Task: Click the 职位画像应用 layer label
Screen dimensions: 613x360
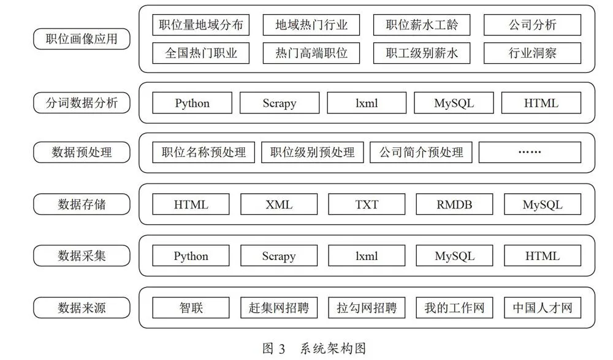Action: (82, 39)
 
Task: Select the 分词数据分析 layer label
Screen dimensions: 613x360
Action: (82, 103)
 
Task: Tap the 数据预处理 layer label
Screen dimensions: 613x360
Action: (82, 152)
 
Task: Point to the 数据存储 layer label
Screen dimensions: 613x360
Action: (82, 204)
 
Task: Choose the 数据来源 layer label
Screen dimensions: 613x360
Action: (82, 308)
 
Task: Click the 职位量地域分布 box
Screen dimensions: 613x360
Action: (201, 25)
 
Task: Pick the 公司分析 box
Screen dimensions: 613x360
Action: (533, 25)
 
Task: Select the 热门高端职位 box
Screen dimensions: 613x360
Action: (311, 53)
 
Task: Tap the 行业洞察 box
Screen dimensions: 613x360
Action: (533, 53)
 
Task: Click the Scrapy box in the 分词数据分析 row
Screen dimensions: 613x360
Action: (280, 103)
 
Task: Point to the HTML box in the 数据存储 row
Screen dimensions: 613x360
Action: (191, 204)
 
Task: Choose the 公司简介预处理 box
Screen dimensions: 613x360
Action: (421, 152)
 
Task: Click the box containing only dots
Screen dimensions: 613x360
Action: (530, 152)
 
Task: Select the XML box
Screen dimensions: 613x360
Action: (279, 204)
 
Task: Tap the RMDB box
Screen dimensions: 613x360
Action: (454, 204)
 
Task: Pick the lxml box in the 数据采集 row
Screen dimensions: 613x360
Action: (367, 256)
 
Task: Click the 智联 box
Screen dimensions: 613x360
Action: (191, 308)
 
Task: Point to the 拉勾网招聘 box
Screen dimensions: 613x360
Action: (367, 308)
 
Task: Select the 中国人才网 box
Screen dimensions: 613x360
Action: (543, 308)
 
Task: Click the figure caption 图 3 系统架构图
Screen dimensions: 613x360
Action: (314, 348)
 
